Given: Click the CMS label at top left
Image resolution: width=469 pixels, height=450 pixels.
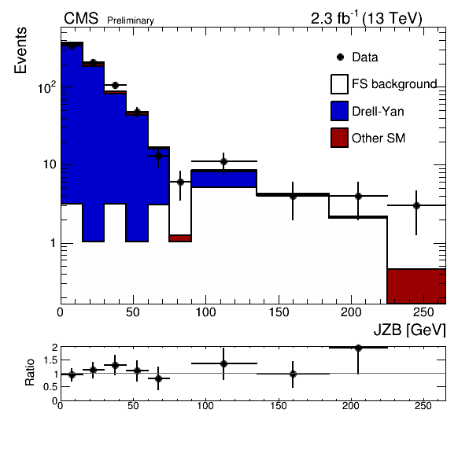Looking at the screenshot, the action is coord(81,18).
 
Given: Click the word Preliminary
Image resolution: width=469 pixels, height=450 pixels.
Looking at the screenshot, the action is coord(131,20).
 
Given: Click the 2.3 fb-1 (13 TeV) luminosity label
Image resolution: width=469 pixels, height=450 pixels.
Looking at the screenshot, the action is coord(367,18).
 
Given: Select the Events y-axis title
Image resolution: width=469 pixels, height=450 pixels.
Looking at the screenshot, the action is coord(20,50).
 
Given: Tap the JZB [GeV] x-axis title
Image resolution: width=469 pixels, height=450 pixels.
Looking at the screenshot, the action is coord(410,330).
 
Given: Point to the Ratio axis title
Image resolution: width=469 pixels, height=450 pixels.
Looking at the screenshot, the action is coord(30,372).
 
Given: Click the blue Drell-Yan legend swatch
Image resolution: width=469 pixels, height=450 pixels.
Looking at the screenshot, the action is coord(339,111).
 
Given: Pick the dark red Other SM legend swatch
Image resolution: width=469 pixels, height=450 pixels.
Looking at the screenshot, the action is coord(339,138).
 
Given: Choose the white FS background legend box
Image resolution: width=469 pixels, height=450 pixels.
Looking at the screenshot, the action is coord(339,84).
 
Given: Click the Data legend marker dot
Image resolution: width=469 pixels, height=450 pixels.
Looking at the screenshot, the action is coord(340,57).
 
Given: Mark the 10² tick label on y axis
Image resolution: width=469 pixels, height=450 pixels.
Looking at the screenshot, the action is coord(47,88).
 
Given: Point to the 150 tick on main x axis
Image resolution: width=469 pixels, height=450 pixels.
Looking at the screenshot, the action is coord(279,312).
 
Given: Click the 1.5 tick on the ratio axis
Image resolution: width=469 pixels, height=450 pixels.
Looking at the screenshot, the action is coord(50,360).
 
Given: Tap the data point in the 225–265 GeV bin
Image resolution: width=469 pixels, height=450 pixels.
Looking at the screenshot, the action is coord(416,205).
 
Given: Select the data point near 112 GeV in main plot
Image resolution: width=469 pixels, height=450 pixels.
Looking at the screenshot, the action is coord(223,162).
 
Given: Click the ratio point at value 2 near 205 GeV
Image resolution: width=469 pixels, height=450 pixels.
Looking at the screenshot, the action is coord(358,348).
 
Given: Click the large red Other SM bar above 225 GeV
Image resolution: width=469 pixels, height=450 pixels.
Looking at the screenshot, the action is coord(416,286).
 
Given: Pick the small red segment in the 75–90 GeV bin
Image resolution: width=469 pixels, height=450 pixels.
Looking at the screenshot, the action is coord(180,238).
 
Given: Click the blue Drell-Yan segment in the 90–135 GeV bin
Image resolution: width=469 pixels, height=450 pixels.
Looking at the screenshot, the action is coord(224,179).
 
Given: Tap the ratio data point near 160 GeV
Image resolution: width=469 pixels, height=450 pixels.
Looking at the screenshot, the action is coord(293,374).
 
